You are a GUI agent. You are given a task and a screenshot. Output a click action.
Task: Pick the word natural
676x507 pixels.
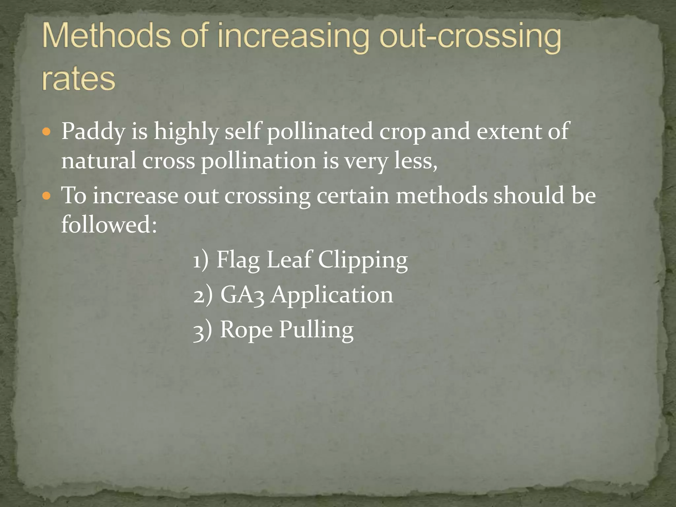(x=99, y=161)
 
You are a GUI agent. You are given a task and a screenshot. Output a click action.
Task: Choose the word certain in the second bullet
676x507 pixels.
(x=353, y=195)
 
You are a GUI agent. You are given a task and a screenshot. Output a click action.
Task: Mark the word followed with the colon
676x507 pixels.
(x=109, y=224)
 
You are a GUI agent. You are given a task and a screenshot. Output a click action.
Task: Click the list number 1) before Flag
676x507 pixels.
(x=201, y=260)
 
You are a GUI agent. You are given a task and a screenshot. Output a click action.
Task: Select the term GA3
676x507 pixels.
(x=242, y=295)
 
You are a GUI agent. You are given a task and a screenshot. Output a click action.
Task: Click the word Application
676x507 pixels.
(x=332, y=295)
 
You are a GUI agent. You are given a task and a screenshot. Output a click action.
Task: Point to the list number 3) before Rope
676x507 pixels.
(x=202, y=330)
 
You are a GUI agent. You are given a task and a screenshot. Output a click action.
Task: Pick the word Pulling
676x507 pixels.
(x=316, y=330)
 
